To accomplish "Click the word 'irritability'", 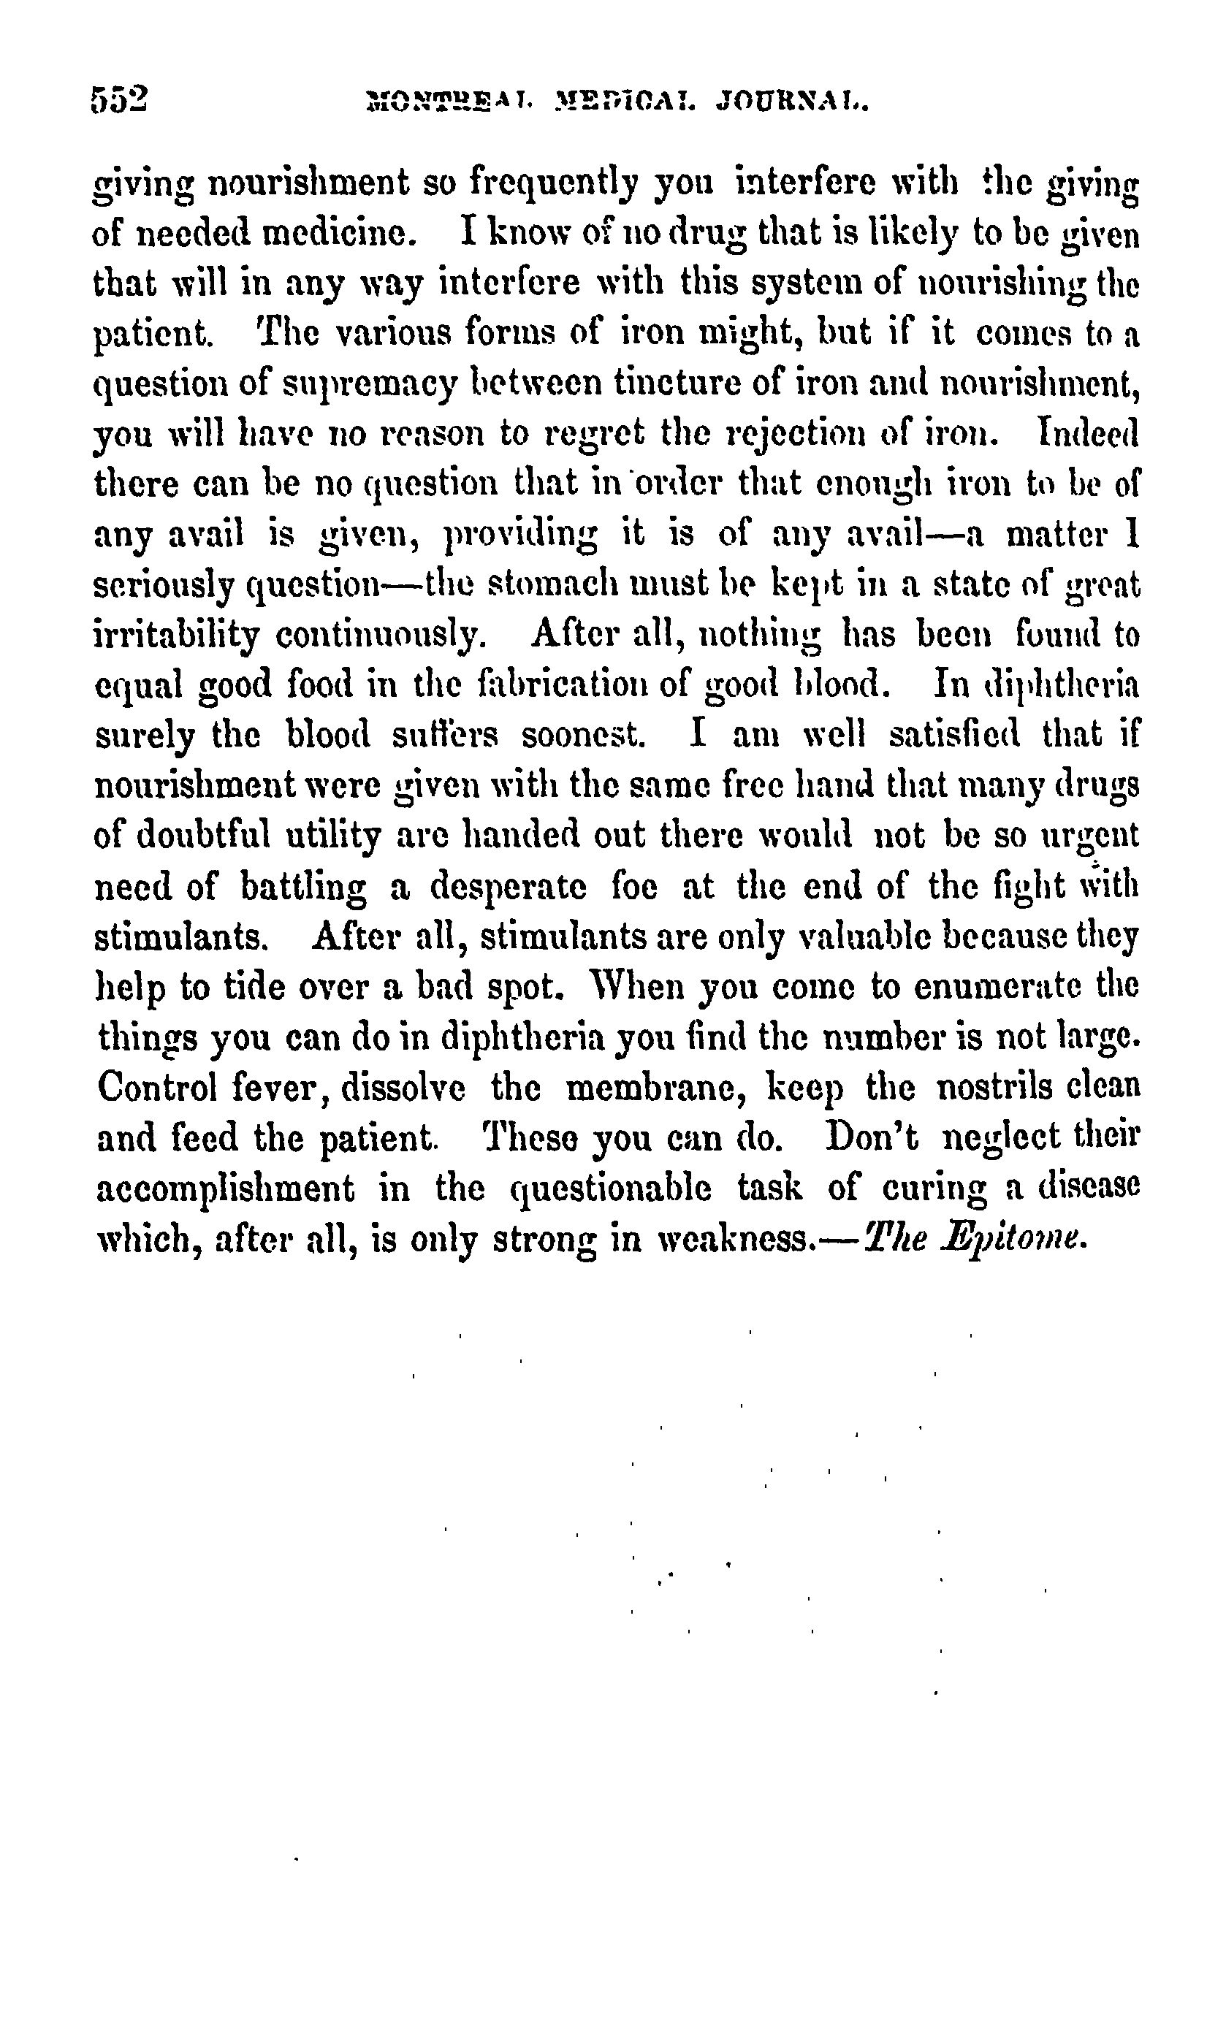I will [176, 636].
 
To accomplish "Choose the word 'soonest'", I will [583, 735].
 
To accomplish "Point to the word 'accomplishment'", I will [226, 1189].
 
